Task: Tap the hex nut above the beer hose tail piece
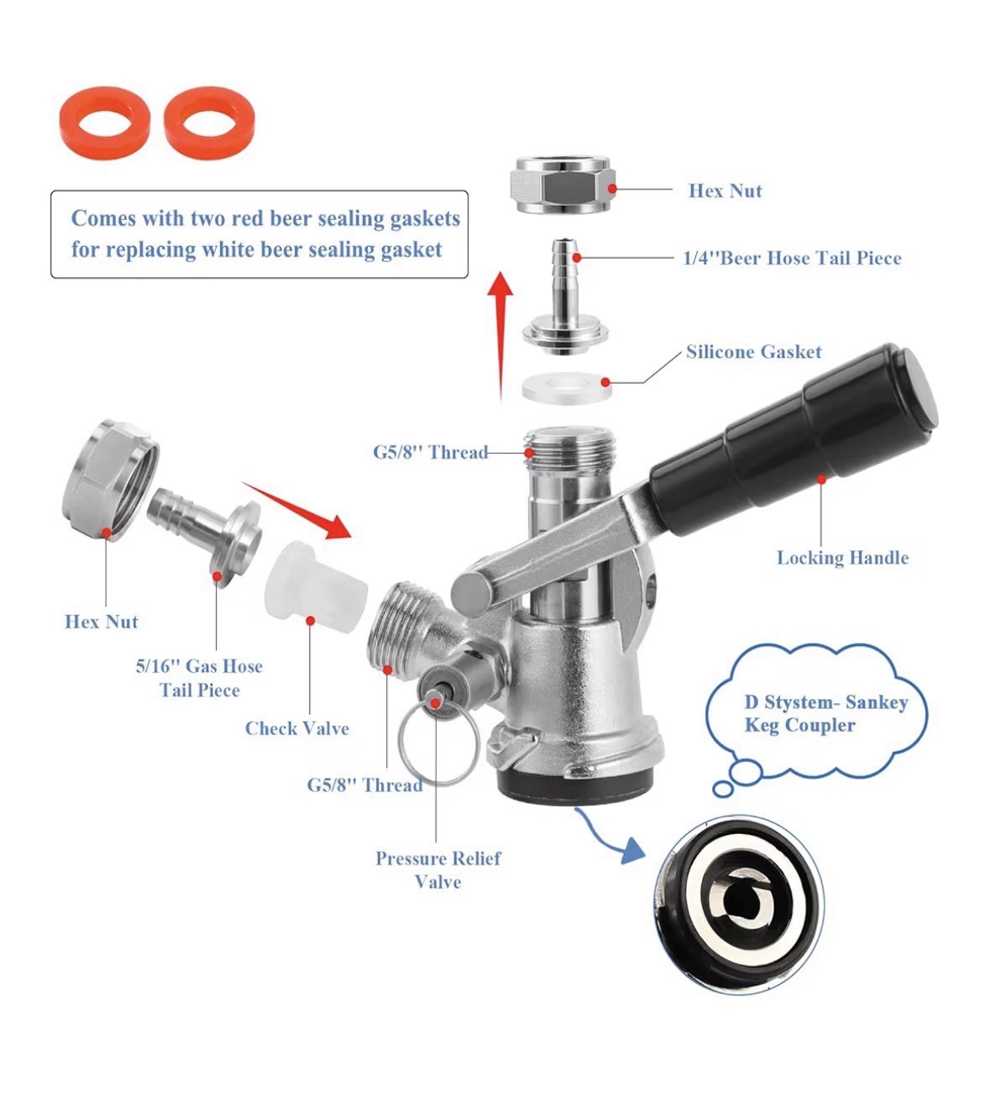561,185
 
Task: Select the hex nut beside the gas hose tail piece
109,481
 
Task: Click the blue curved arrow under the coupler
609,837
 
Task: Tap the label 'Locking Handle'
841,558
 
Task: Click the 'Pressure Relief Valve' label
437,869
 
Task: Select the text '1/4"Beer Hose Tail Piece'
791,259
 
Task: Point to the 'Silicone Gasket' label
753,352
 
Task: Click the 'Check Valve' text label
296,728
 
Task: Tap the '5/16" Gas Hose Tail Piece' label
199,678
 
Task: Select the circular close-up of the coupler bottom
738,902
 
